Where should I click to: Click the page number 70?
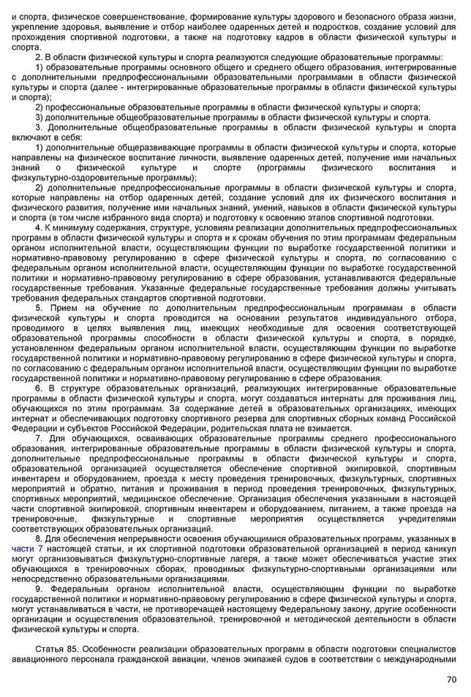tap(451, 679)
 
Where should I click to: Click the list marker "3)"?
tap(39, 117)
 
